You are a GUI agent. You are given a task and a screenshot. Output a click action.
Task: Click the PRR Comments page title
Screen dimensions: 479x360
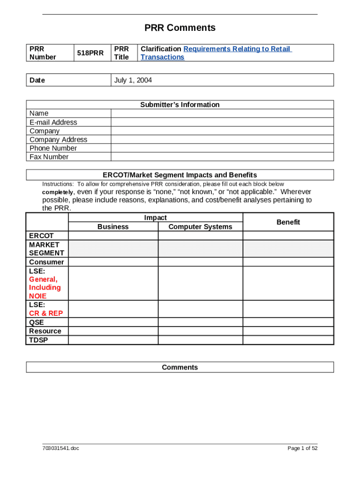(180, 28)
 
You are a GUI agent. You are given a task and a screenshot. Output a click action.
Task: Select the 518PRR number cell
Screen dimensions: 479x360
(90, 53)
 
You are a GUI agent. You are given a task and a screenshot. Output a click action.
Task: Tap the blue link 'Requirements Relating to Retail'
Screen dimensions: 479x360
(237, 49)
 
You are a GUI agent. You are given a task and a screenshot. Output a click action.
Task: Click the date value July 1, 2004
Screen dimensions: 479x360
(133, 80)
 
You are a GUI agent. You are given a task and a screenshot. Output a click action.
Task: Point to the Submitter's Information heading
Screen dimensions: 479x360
(180, 105)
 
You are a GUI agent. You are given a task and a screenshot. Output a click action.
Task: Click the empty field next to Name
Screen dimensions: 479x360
(222, 113)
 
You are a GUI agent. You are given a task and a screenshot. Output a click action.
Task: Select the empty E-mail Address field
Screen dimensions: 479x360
(222, 122)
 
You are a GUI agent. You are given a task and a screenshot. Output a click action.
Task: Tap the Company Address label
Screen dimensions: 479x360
(58, 139)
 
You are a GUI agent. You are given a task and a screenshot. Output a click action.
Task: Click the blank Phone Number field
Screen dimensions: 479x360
(222, 148)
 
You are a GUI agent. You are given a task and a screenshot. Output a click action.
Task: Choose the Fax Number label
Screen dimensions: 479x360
(49, 157)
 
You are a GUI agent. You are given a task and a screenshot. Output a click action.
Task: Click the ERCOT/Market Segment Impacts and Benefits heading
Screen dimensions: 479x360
(180, 175)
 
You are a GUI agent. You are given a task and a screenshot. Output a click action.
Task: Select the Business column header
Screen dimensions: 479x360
(113, 226)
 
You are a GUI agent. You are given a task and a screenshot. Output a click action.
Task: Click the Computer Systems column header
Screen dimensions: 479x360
(200, 226)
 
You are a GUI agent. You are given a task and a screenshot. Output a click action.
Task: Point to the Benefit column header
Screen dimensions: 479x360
(288, 222)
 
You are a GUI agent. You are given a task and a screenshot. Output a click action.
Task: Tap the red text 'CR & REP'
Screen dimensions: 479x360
(46, 313)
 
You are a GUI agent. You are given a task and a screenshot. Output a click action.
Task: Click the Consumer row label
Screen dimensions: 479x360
(46, 262)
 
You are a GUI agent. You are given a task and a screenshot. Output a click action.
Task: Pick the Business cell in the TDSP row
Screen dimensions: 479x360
(113, 340)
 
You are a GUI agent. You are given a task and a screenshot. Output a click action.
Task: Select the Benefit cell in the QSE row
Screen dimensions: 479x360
(288, 322)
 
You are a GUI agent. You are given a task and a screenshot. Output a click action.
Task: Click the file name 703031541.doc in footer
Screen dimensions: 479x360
(61, 449)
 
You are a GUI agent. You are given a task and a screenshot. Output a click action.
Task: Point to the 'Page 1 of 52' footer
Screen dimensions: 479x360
(302, 449)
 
